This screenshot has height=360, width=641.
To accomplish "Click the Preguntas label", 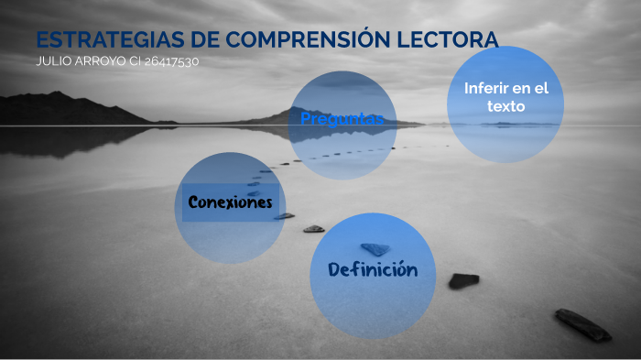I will tap(342, 119).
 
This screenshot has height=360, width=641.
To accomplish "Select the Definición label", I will tap(372, 269).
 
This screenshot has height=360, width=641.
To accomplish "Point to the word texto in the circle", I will tap(505, 106).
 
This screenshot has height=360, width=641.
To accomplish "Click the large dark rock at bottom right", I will tap(582, 324).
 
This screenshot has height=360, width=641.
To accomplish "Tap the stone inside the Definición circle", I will tap(375, 248).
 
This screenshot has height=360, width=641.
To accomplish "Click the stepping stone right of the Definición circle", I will tap(463, 280).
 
